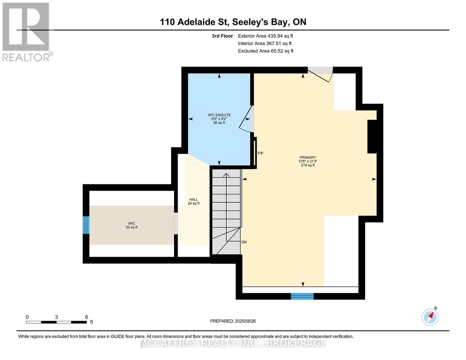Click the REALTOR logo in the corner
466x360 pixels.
(26, 31)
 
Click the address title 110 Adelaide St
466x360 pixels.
(233, 22)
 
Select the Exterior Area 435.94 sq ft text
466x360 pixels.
(265, 36)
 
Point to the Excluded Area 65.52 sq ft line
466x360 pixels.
(266, 51)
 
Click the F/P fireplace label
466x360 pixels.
(260, 153)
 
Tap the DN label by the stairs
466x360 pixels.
(244, 242)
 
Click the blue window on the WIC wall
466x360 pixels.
(86, 225)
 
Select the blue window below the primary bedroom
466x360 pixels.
(302, 296)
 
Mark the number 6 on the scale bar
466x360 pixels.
(86, 317)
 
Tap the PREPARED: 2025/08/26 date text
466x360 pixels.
(233, 321)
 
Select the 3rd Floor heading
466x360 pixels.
(222, 36)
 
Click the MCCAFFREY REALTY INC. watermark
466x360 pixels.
(233, 343)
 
